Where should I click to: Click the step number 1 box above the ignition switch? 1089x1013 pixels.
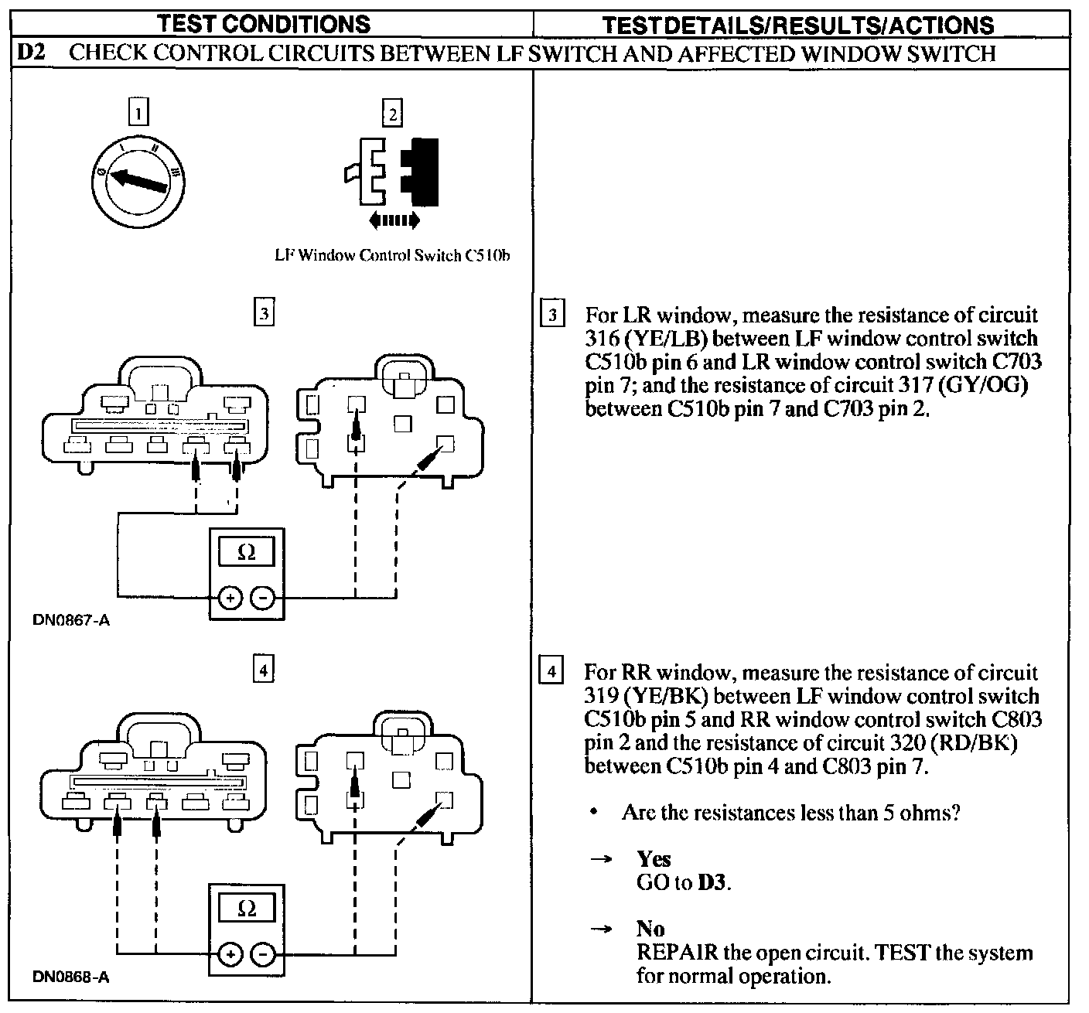click(138, 114)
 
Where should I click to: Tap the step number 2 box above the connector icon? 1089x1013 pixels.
click(392, 114)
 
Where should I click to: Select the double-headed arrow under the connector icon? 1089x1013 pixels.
click(394, 221)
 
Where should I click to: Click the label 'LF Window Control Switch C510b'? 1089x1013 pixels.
click(393, 255)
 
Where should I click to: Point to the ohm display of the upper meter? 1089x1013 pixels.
click(246, 553)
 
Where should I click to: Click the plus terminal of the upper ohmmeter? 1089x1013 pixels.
click(230, 598)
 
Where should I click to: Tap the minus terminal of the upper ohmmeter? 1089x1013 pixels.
click(263, 598)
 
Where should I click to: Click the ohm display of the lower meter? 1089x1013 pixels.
click(246, 909)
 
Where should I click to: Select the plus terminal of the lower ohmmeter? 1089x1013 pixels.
click(230, 955)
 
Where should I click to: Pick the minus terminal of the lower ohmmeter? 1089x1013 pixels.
click(263, 955)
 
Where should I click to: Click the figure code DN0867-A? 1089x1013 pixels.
click(71, 620)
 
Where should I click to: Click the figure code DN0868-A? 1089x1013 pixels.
click(71, 977)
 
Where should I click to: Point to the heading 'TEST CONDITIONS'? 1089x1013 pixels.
click(265, 23)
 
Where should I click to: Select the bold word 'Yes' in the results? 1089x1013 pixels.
click(654, 859)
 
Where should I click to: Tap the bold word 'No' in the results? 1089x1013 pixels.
click(650, 929)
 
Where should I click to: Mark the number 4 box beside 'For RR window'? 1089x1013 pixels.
click(551, 670)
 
